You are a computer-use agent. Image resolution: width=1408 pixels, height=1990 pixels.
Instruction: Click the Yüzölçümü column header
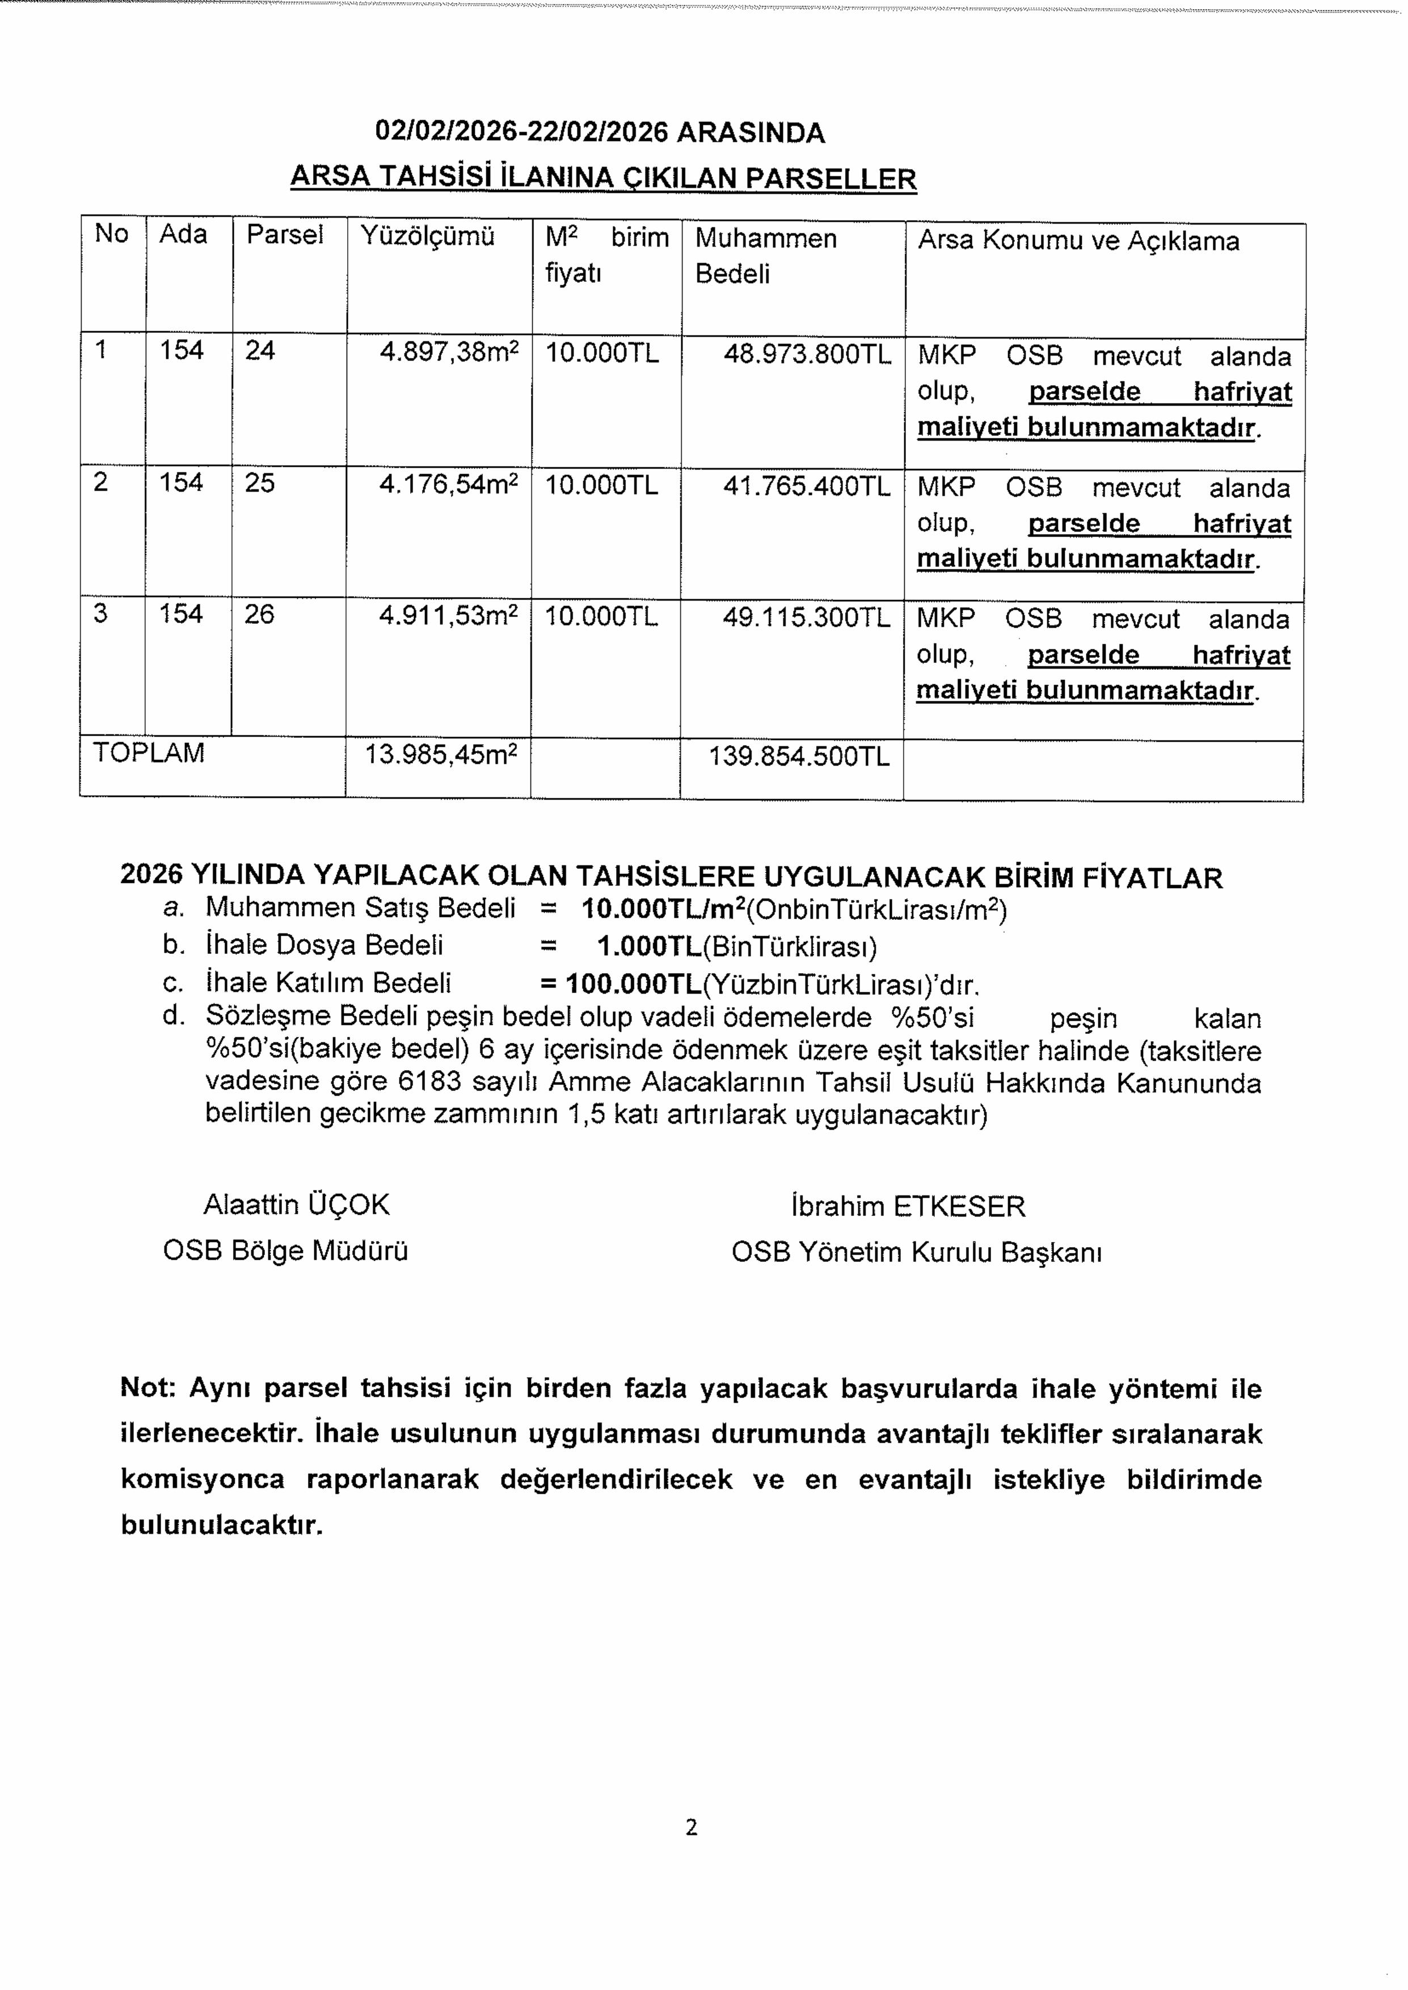point(427,236)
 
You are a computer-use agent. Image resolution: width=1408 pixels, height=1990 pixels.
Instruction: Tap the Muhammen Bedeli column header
point(766,256)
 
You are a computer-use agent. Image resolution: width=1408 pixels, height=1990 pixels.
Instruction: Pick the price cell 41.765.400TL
point(806,486)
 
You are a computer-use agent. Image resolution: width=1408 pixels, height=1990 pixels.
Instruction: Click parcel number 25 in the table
point(259,483)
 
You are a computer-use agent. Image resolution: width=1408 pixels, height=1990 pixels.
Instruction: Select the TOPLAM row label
point(148,753)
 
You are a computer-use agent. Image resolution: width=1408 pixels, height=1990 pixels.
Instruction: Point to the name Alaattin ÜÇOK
point(297,1205)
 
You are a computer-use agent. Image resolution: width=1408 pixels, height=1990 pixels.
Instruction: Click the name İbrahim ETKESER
point(908,1206)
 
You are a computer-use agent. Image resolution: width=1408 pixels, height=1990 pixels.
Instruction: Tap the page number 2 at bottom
point(691,1828)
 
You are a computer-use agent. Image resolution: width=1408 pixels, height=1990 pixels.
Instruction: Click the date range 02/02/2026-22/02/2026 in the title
point(521,133)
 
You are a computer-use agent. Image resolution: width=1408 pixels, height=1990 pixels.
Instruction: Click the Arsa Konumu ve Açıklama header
point(1078,241)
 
